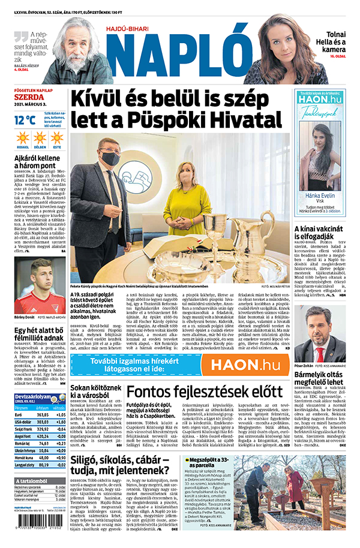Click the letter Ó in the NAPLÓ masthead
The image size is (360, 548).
coord(230,50)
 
